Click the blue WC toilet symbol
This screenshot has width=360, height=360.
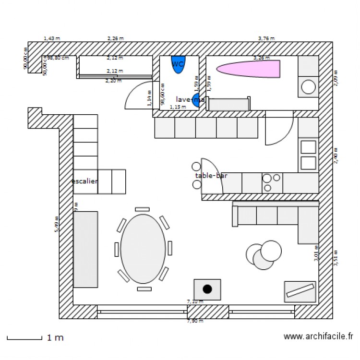[178, 64]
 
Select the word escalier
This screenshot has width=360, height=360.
[85, 181]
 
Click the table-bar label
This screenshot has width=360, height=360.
[211, 176]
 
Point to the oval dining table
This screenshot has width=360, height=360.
[143, 249]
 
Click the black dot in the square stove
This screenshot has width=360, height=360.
[207, 289]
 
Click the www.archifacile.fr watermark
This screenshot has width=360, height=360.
[318, 337]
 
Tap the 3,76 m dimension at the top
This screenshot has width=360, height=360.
[266, 38]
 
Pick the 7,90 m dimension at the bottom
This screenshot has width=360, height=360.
[194, 321]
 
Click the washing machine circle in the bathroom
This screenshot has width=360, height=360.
[308, 87]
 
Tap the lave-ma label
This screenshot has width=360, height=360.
[190, 99]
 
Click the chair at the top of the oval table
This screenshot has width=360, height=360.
[143, 209]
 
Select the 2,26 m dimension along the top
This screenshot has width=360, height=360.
[115, 38]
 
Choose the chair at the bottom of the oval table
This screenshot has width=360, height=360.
[144, 289]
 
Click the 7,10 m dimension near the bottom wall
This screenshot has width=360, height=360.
[194, 301]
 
